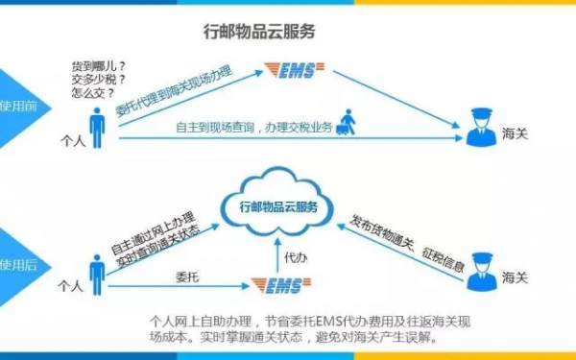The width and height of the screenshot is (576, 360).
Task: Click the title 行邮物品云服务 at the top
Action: pyautogui.click(x=259, y=32)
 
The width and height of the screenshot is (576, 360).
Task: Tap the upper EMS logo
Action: pyautogui.click(x=295, y=70)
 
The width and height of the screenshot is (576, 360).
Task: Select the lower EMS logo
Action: pyautogui.click(x=281, y=285)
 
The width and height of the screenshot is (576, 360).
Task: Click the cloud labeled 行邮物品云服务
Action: pyautogui.click(x=277, y=203)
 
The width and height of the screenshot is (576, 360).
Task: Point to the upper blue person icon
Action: pyautogui.click(x=97, y=128)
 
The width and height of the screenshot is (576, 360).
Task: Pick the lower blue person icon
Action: pyautogui.click(x=97, y=275)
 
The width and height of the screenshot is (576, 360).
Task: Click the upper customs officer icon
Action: pyautogui.click(x=482, y=127)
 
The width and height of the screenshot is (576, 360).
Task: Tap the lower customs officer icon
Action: pyautogui.click(x=482, y=272)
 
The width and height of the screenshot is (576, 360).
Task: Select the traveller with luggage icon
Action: pyautogui.click(x=346, y=122)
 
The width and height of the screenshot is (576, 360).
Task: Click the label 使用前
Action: pyautogui.click(x=18, y=107)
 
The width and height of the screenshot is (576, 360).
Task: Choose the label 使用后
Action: pyautogui.click(x=18, y=265)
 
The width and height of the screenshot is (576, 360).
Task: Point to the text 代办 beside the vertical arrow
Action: pyautogui.click(x=296, y=257)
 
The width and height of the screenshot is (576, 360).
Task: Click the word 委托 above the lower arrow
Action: pyautogui.click(x=187, y=276)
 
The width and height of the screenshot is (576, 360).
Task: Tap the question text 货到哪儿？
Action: pyautogui.click(x=99, y=67)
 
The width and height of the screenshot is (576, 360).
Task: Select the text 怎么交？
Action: pyautogui.click(x=93, y=92)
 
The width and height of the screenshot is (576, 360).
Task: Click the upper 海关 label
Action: pyautogui.click(x=515, y=133)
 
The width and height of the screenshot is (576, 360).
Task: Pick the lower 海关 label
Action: pyautogui.click(x=515, y=277)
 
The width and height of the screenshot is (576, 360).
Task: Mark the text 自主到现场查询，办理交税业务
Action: pyautogui.click(x=254, y=128)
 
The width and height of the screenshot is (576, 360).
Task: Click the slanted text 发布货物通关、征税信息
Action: pyautogui.click(x=407, y=243)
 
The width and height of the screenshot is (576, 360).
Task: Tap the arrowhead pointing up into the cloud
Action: pyautogui.click(x=278, y=241)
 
